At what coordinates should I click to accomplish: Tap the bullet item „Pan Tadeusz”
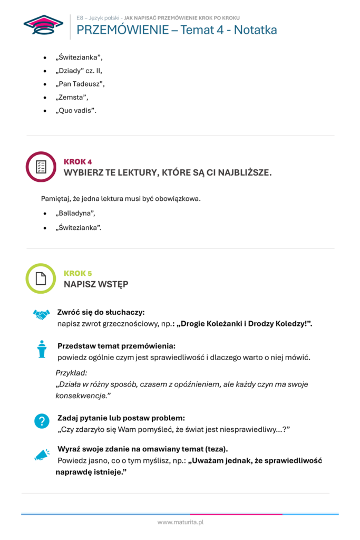pos(81,84)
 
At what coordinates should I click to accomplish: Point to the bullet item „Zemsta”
pos(72,97)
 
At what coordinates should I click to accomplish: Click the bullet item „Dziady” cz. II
pos(79,70)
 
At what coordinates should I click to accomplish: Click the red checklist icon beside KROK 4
pos(41,167)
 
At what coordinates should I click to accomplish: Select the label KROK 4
pos(77,161)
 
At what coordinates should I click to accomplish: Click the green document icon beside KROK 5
pos(41,278)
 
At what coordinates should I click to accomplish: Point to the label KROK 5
pos(77,273)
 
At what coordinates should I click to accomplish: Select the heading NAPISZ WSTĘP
pos(96,284)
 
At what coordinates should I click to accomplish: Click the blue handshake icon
pos(41,314)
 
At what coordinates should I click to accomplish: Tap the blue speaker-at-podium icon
pos(42,349)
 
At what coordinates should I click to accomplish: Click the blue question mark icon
pos(41,421)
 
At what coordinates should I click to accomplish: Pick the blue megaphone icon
pos(42,454)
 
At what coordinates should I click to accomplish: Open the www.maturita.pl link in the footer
pos(180,522)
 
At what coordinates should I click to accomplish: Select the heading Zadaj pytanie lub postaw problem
pos(121,418)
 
